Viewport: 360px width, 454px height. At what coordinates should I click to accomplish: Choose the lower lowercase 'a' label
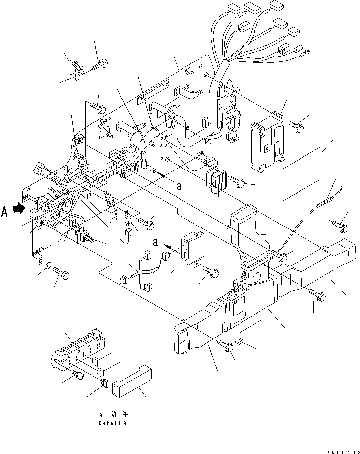click(x=155, y=243)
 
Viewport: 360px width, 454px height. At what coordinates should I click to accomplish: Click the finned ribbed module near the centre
click(x=217, y=180)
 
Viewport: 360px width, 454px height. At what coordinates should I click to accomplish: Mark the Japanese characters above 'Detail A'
click(x=116, y=413)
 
